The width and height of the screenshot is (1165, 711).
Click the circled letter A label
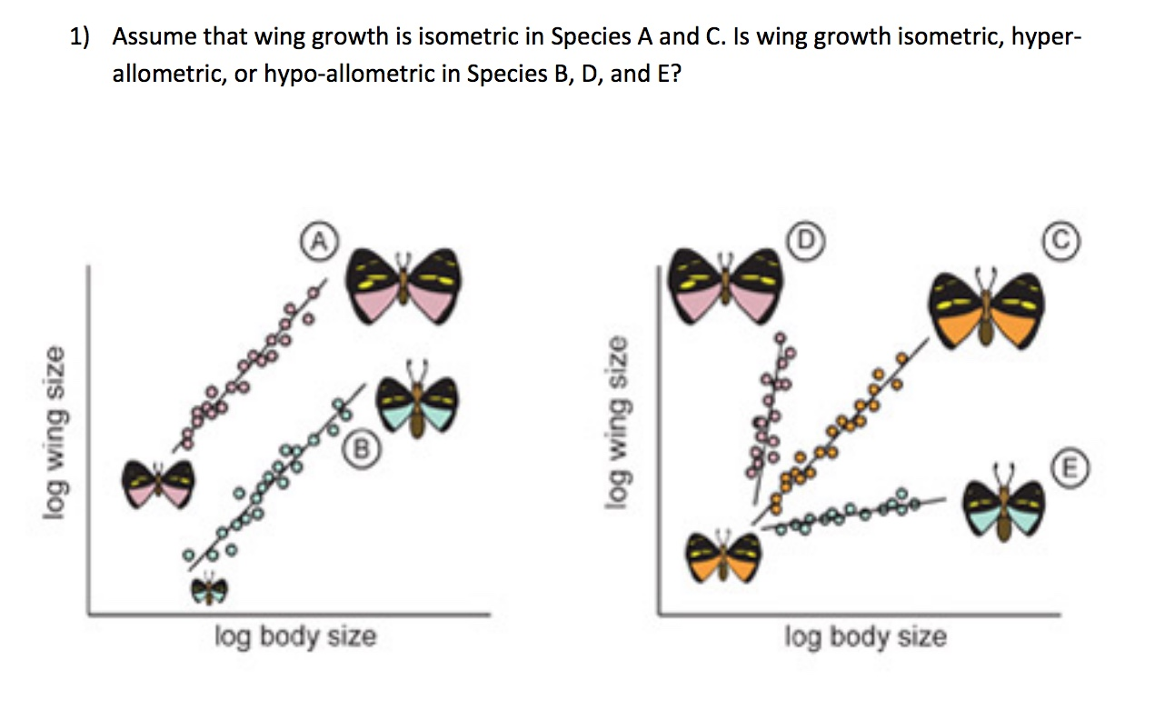(317, 239)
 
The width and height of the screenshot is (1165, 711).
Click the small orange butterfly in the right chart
(722, 556)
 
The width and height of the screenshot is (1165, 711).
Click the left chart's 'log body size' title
(294, 636)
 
